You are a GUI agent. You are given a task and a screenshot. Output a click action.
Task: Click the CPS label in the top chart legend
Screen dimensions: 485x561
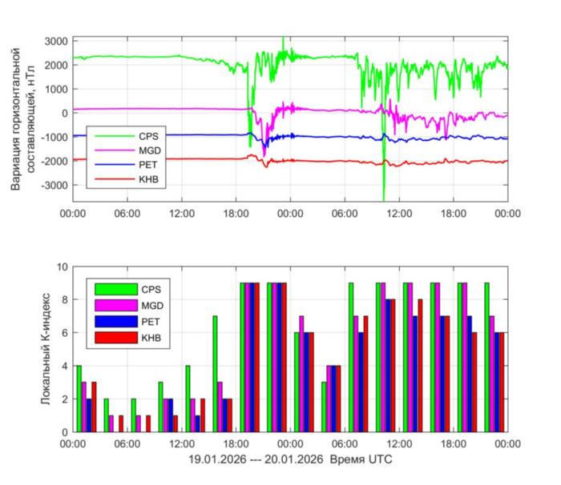148,136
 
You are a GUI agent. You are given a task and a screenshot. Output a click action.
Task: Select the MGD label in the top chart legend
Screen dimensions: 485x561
150,150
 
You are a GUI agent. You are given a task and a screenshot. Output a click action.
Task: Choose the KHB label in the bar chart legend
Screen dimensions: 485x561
150,338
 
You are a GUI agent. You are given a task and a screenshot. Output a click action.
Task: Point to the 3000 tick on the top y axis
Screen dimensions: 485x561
56,41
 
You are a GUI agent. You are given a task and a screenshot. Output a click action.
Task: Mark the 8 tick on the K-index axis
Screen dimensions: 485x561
63,299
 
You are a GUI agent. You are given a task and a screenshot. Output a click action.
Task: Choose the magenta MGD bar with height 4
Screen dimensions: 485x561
329,399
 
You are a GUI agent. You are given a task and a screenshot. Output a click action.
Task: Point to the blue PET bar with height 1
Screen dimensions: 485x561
196,423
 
